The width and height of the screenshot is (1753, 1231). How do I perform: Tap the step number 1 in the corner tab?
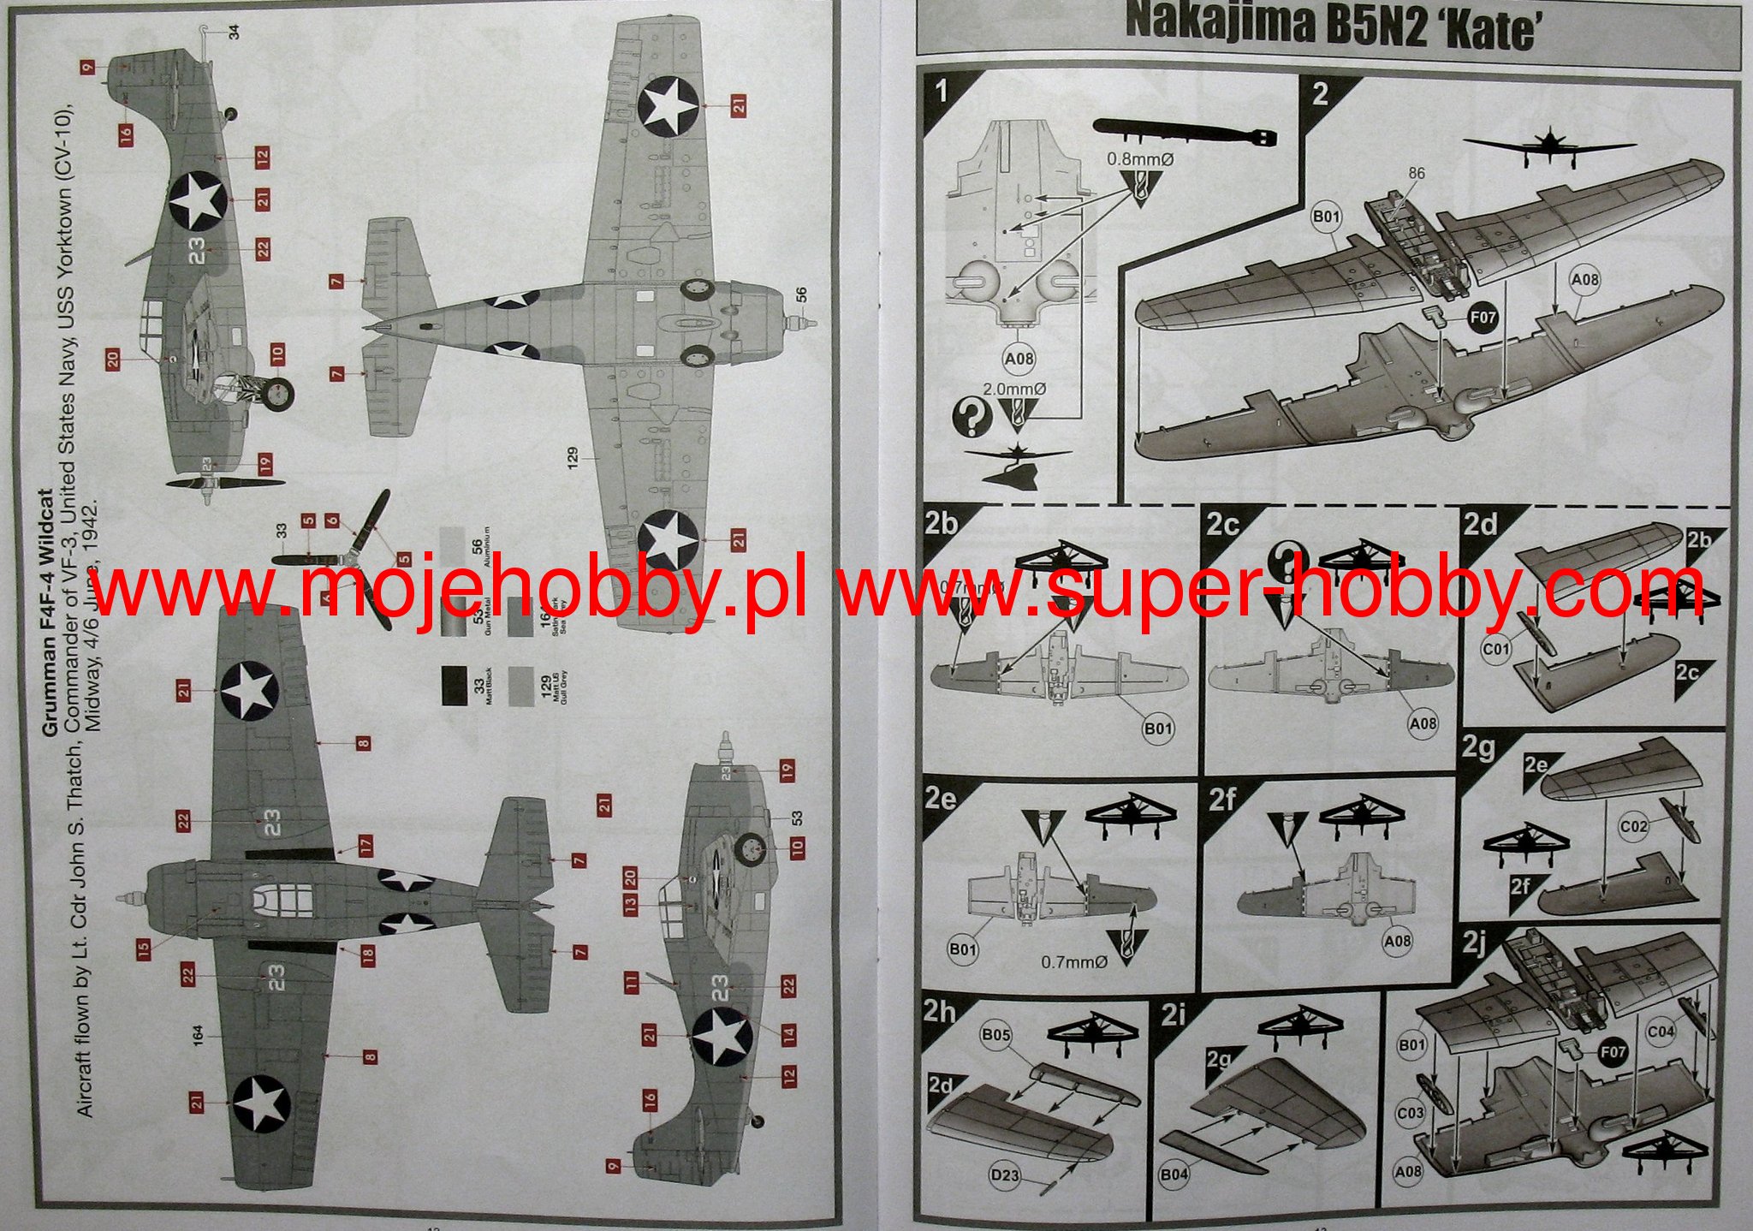point(942,91)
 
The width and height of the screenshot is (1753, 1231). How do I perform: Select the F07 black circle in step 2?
point(1482,318)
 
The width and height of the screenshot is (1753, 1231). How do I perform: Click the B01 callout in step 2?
point(1325,217)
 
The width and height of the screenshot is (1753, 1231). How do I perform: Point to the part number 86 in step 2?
point(1417,174)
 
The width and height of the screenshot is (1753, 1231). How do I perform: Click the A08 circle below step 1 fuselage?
point(1019,359)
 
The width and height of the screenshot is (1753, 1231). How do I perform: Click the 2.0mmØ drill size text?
point(1015,389)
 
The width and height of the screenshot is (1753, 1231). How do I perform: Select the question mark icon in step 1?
point(970,418)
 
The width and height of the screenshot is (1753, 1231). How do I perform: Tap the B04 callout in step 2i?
point(1174,1175)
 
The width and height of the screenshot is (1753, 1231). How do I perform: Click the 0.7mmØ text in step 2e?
point(1073,962)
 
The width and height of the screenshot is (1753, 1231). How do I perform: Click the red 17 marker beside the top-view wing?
point(365,847)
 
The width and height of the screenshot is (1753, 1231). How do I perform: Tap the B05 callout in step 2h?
point(996,1035)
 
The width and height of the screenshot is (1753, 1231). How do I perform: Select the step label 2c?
point(1221,525)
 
